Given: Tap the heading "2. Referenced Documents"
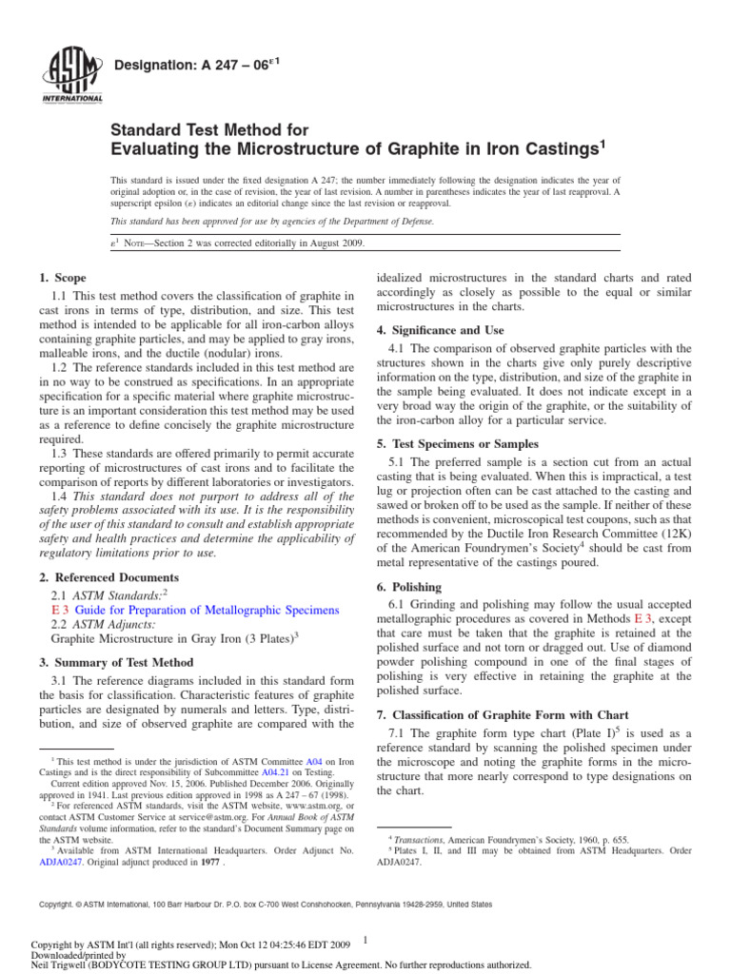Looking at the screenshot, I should pyautogui.click(x=109, y=577).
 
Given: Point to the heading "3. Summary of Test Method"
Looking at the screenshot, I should pyautogui.click(x=116, y=661).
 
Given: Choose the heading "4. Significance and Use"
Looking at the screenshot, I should pyautogui.click(x=443, y=330).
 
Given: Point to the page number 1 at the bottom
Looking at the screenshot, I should pyautogui.click(x=365, y=940).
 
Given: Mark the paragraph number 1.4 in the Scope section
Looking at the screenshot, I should pyautogui.click(x=59, y=496).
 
